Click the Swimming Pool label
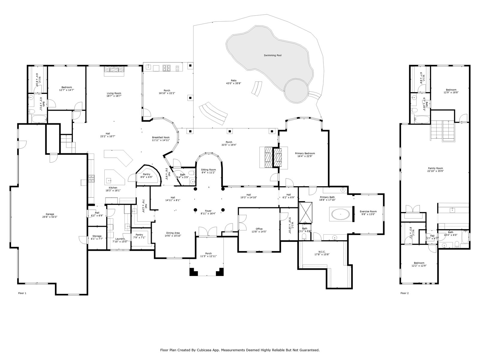(272, 55)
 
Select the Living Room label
(114, 93)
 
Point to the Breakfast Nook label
(161, 137)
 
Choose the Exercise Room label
(368, 211)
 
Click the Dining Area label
(173, 233)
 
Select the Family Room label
(435, 168)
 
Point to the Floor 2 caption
(404, 293)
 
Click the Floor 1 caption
(22, 293)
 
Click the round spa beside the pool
(296, 90)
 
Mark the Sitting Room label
(208, 169)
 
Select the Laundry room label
(120, 238)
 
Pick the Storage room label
(97, 236)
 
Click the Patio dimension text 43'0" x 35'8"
(233, 83)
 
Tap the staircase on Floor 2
(443, 130)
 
